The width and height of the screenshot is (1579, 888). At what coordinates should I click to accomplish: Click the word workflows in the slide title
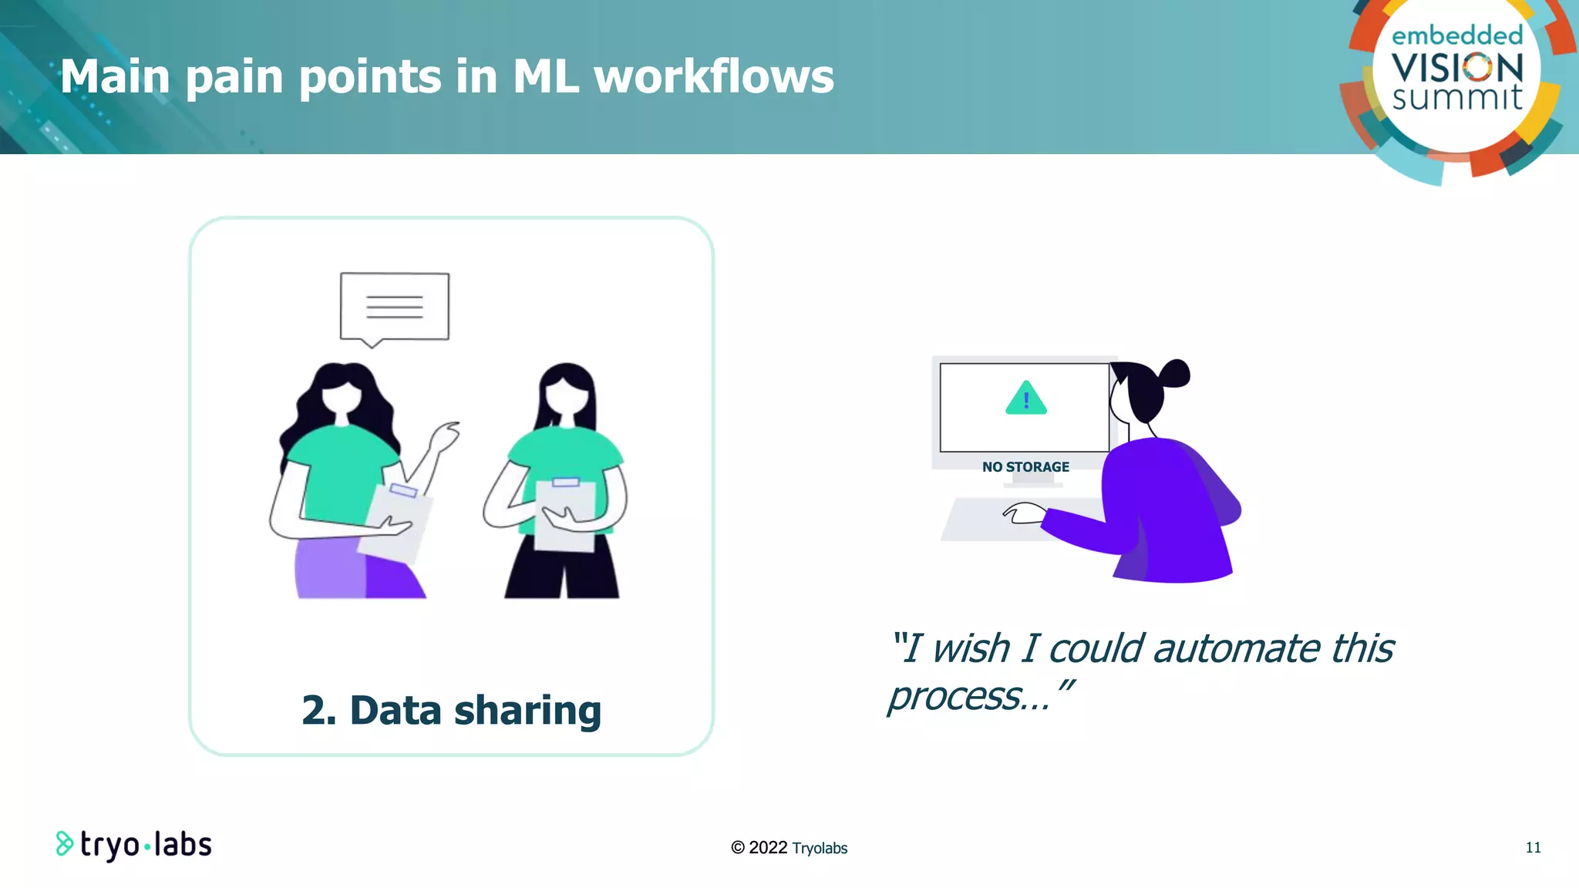pos(713,77)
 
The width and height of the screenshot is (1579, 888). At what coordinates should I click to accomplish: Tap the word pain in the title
pos(234,79)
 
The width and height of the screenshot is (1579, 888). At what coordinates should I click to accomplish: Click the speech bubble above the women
pos(394,307)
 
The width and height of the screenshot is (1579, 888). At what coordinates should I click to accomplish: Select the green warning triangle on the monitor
pos(1025,399)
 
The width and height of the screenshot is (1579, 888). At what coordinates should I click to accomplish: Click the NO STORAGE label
pos(1025,467)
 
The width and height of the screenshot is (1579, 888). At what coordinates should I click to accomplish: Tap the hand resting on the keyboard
pos(1024,513)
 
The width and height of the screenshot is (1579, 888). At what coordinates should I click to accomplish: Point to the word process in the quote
pos(956,697)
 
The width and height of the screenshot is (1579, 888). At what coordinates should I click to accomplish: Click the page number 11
pos(1533,848)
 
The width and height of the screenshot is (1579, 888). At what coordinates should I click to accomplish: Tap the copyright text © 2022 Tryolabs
pos(789,848)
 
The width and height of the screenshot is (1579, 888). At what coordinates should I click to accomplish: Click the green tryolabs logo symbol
pos(65,844)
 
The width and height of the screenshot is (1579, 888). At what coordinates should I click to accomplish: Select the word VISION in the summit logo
pos(1456,69)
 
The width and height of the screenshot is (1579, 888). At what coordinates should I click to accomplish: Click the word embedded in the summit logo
pos(1456,35)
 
